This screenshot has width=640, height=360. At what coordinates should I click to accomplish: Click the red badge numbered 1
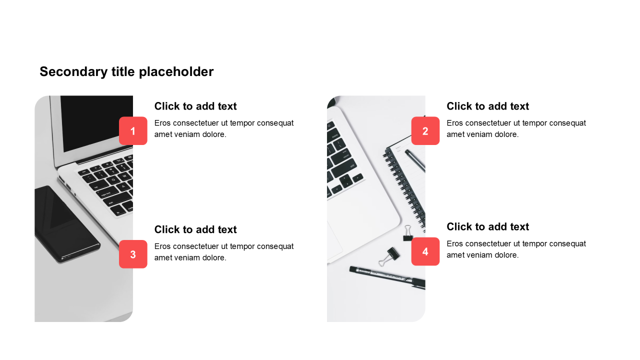coord(133,131)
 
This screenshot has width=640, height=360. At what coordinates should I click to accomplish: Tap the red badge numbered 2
coord(425,131)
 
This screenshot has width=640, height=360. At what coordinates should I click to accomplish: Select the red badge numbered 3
coord(133,254)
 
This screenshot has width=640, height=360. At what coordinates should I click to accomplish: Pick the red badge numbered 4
coord(425,251)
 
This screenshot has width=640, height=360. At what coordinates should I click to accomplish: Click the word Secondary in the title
coord(73,71)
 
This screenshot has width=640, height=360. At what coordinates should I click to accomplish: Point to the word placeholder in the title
coord(176,71)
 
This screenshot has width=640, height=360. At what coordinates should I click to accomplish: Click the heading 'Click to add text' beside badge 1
coord(195,106)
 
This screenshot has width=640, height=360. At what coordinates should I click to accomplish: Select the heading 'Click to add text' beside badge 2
coord(487,106)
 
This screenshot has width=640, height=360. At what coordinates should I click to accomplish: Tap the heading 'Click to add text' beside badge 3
coord(195,229)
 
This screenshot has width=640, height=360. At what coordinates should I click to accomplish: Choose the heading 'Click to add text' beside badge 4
coord(487,227)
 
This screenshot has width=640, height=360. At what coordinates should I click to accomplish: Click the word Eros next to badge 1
coord(162,123)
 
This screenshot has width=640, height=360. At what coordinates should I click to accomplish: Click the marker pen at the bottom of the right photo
coord(387,277)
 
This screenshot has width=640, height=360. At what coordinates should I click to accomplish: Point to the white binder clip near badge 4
coord(407,233)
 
